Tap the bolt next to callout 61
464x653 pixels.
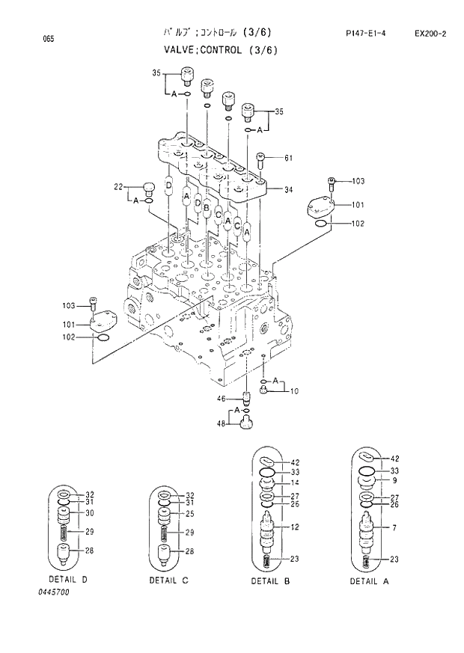(260, 159)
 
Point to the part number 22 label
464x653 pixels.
(118, 186)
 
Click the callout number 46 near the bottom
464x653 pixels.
(222, 398)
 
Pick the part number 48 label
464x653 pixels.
(222, 424)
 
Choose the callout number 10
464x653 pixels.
(294, 390)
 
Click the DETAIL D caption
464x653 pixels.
(68, 580)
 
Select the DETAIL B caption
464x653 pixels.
(270, 580)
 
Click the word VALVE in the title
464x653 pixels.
(182, 50)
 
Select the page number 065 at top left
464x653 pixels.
(28, 37)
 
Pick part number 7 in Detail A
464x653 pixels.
(394, 528)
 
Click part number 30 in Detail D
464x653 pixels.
(90, 512)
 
